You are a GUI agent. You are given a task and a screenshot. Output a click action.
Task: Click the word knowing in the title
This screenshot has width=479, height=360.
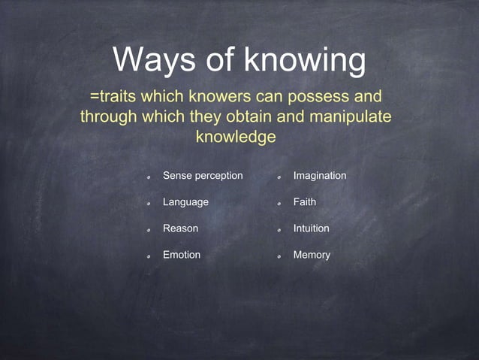308,60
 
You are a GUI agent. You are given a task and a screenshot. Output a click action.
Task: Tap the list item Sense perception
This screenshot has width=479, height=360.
203,176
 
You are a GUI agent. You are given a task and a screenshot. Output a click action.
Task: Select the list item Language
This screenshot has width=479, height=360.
185,202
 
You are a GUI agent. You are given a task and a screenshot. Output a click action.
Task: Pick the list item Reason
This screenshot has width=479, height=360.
180,228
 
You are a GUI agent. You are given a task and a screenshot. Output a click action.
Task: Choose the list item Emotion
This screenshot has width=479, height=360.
182,255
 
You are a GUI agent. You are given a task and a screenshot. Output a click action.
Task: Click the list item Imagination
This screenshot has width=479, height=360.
320,176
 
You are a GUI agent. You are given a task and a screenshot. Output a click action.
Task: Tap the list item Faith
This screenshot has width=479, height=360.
305,202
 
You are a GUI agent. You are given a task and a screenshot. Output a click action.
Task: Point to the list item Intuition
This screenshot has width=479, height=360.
311,228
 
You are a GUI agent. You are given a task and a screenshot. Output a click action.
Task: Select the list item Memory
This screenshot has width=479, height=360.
312,255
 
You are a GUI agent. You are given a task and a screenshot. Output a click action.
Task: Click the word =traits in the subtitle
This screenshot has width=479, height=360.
113,97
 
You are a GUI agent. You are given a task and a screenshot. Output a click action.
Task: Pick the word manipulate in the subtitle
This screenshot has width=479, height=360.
350,117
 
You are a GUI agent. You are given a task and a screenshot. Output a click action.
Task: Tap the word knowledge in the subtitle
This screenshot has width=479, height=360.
236,138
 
